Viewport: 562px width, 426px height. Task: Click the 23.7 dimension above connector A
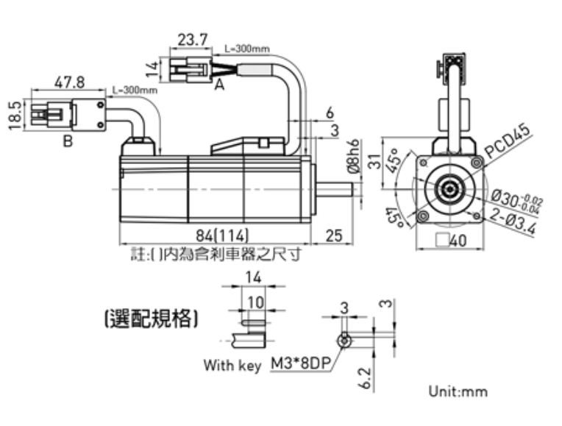[193, 39]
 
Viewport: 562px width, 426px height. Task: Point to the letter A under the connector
[218, 85]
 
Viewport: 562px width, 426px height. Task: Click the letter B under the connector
[68, 141]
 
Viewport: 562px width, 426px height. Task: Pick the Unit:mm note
[458, 391]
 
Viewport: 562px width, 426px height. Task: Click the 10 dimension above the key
[255, 302]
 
